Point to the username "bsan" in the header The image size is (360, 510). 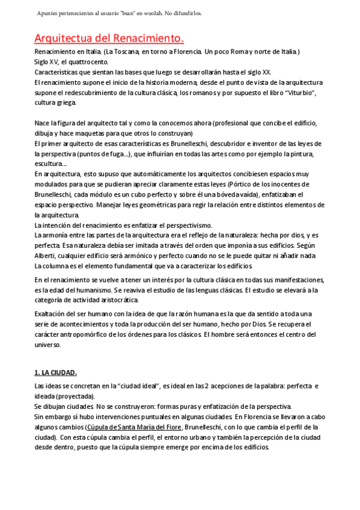(144, 13)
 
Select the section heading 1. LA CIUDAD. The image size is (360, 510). (55, 373)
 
